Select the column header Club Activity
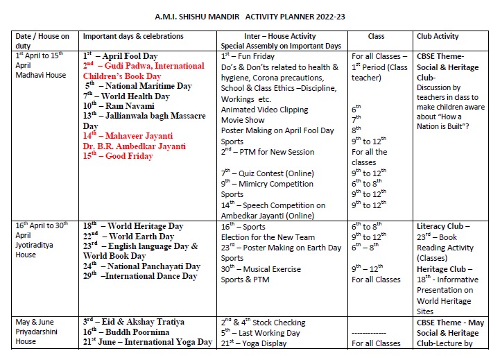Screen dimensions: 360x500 pyautogui.click(x=442, y=35)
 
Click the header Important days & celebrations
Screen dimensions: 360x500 pyautogui.click(x=133, y=35)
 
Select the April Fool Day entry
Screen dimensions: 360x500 pyautogui.click(x=126, y=55)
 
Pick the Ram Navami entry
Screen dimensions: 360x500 pyautogui.click(x=119, y=105)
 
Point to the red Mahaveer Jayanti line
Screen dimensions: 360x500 pyautogui.click(x=128, y=136)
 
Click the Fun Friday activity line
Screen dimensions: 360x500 pyautogui.click(x=248, y=55)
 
